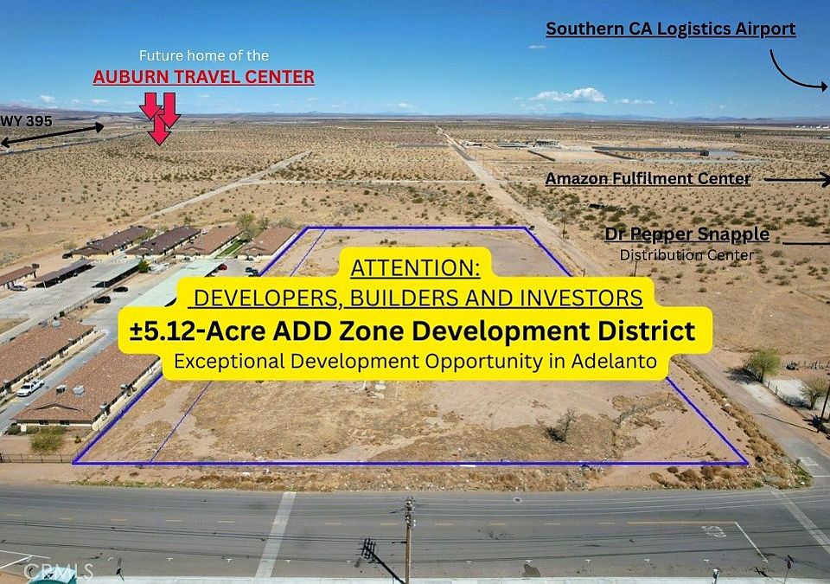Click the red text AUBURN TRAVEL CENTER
(x=204, y=77)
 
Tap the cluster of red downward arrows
(x=160, y=118)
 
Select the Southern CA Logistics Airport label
(x=671, y=29)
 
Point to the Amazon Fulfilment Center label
(x=648, y=179)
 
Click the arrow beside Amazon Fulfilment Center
(x=796, y=180)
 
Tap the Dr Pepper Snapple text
(x=687, y=234)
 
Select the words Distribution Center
(x=686, y=255)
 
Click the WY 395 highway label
(x=27, y=121)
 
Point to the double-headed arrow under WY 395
(x=52, y=135)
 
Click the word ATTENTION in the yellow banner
(x=415, y=268)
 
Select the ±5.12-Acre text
(x=199, y=331)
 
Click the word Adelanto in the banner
(x=614, y=362)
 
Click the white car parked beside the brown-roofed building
(x=29, y=388)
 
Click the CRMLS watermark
(x=58, y=571)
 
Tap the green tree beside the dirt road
(x=763, y=364)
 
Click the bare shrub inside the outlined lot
(x=565, y=425)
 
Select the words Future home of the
(x=204, y=55)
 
